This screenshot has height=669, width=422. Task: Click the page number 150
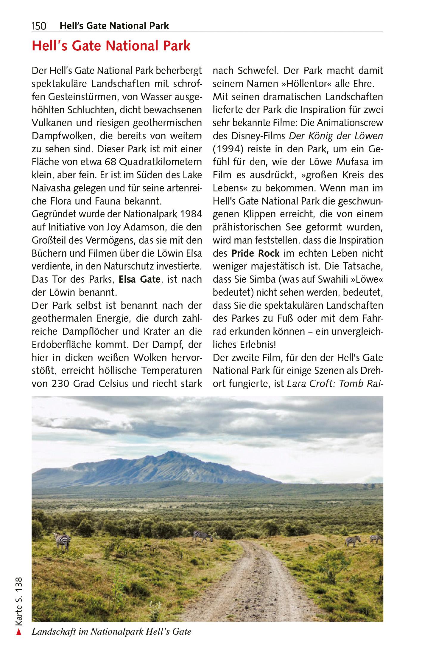pyautogui.click(x=39, y=26)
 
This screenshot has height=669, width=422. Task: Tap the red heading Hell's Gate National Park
pyautogui.click(x=111, y=47)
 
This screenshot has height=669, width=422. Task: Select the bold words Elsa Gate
pyautogui.click(x=140, y=280)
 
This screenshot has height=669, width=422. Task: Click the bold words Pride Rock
pyautogui.click(x=256, y=253)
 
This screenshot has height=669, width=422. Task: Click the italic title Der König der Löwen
pyautogui.click(x=336, y=136)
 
